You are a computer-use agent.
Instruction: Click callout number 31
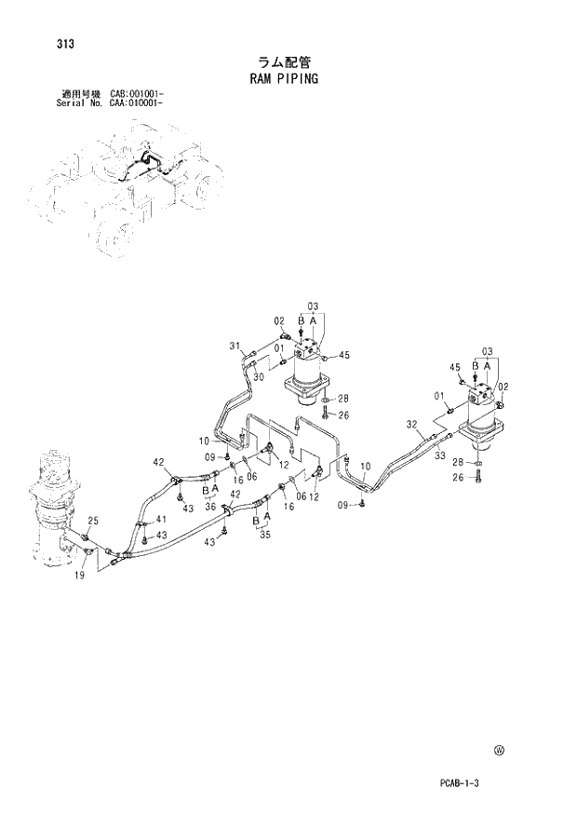click(235, 346)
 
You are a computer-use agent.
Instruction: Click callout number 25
click(93, 520)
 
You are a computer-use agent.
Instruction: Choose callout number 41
click(161, 520)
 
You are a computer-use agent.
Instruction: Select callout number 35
click(263, 536)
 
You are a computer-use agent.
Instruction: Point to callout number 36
click(210, 507)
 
